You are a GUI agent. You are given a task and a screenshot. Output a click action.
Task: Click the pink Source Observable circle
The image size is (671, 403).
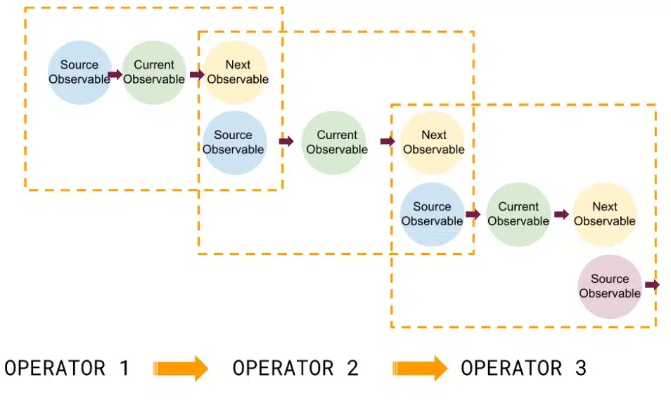pyautogui.click(x=610, y=286)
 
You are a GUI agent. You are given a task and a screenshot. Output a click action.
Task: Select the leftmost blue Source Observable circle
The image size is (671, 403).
pyautogui.click(x=79, y=72)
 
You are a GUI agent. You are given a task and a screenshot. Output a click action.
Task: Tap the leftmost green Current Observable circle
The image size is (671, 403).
pyautogui.click(x=154, y=72)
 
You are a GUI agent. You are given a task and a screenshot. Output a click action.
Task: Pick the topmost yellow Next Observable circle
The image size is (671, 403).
pyautogui.click(x=236, y=72)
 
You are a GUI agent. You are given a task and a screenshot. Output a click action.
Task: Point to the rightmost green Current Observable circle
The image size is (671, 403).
pyautogui.click(x=518, y=214)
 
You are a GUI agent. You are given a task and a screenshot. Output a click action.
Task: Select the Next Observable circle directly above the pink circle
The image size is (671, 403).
pyautogui.click(x=605, y=214)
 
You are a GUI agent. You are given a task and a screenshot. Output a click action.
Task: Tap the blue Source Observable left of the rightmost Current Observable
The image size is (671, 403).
pyautogui.click(x=433, y=214)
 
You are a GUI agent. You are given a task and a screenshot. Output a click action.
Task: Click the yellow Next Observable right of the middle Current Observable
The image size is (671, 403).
pyautogui.click(x=433, y=143)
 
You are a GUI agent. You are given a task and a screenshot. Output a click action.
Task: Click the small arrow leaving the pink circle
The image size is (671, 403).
pyautogui.click(x=652, y=284)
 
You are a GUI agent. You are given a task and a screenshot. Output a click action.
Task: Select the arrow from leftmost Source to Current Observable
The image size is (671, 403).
pyautogui.click(x=115, y=75)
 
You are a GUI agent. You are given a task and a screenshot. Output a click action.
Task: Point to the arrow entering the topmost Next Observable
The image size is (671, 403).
pyautogui.click(x=197, y=75)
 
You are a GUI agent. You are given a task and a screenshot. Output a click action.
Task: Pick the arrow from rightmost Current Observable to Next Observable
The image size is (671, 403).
pyautogui.click(x=561, y=214)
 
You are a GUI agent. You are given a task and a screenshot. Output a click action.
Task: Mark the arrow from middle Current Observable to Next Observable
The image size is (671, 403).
pyautogui.click(x=388, y=141)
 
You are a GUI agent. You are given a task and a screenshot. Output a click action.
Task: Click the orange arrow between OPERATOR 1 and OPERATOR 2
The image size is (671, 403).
pyautogui.click(x=181, y=368)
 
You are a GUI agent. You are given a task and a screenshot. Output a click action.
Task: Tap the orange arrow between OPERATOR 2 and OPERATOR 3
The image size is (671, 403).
pyautogui.click(x=420, y=368)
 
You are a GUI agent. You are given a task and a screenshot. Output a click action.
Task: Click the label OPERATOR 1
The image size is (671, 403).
pyautogui.click(x=67, y=368)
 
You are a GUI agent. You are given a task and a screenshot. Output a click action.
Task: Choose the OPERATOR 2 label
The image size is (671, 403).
pyautogui.click(x=295, y=368)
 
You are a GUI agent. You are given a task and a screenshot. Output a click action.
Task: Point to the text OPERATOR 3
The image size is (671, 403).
pyautogui.click(x=523, y=368)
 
